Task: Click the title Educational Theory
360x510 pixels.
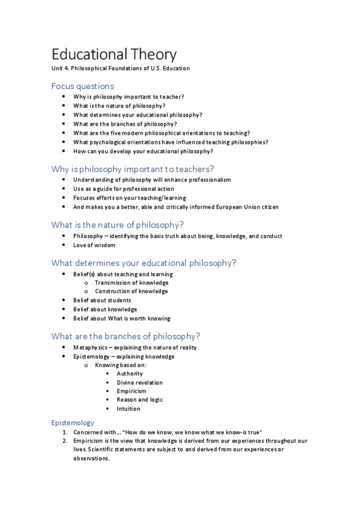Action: tap(114, 54)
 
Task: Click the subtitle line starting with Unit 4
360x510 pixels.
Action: tap(120, 69)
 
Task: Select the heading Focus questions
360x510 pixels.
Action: tap(82, 86)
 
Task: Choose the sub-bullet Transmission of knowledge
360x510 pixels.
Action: tap(132, 283)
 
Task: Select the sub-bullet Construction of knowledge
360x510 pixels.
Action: tap(132, 292)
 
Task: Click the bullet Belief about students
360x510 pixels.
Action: tap(102, 300)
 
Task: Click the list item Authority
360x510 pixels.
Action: tap(130, 373)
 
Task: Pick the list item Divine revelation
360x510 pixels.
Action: tap(139, 382)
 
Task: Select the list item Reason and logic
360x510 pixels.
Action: tap(139, 399)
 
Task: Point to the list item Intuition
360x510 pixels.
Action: tap(129, 408)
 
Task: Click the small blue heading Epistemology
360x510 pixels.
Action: tap(73, 423)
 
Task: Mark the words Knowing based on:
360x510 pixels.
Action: tap(121, 365)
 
